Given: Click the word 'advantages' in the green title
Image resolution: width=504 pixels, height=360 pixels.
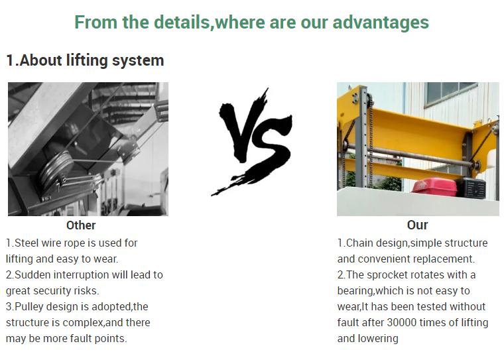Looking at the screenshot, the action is click(x=381, y=22).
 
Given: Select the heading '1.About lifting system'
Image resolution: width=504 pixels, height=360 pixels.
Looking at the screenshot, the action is click(x=85, y=60).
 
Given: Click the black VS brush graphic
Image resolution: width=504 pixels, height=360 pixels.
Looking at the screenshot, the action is click(x=251, y=141).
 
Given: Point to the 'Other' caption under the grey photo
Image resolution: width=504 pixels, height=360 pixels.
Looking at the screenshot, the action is click(x=81, y=225).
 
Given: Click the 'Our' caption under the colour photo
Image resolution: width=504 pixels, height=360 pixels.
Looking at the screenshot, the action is click(x=417, y=225).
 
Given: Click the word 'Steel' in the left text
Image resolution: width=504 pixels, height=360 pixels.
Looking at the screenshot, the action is click(x=27, y=243).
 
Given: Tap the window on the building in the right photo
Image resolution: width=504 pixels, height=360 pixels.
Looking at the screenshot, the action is click(x=451, y=93).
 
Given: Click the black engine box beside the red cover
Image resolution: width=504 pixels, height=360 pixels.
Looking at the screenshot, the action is click(x=471, y=188).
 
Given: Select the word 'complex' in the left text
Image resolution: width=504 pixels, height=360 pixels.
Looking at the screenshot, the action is click(x=83, y=323).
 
